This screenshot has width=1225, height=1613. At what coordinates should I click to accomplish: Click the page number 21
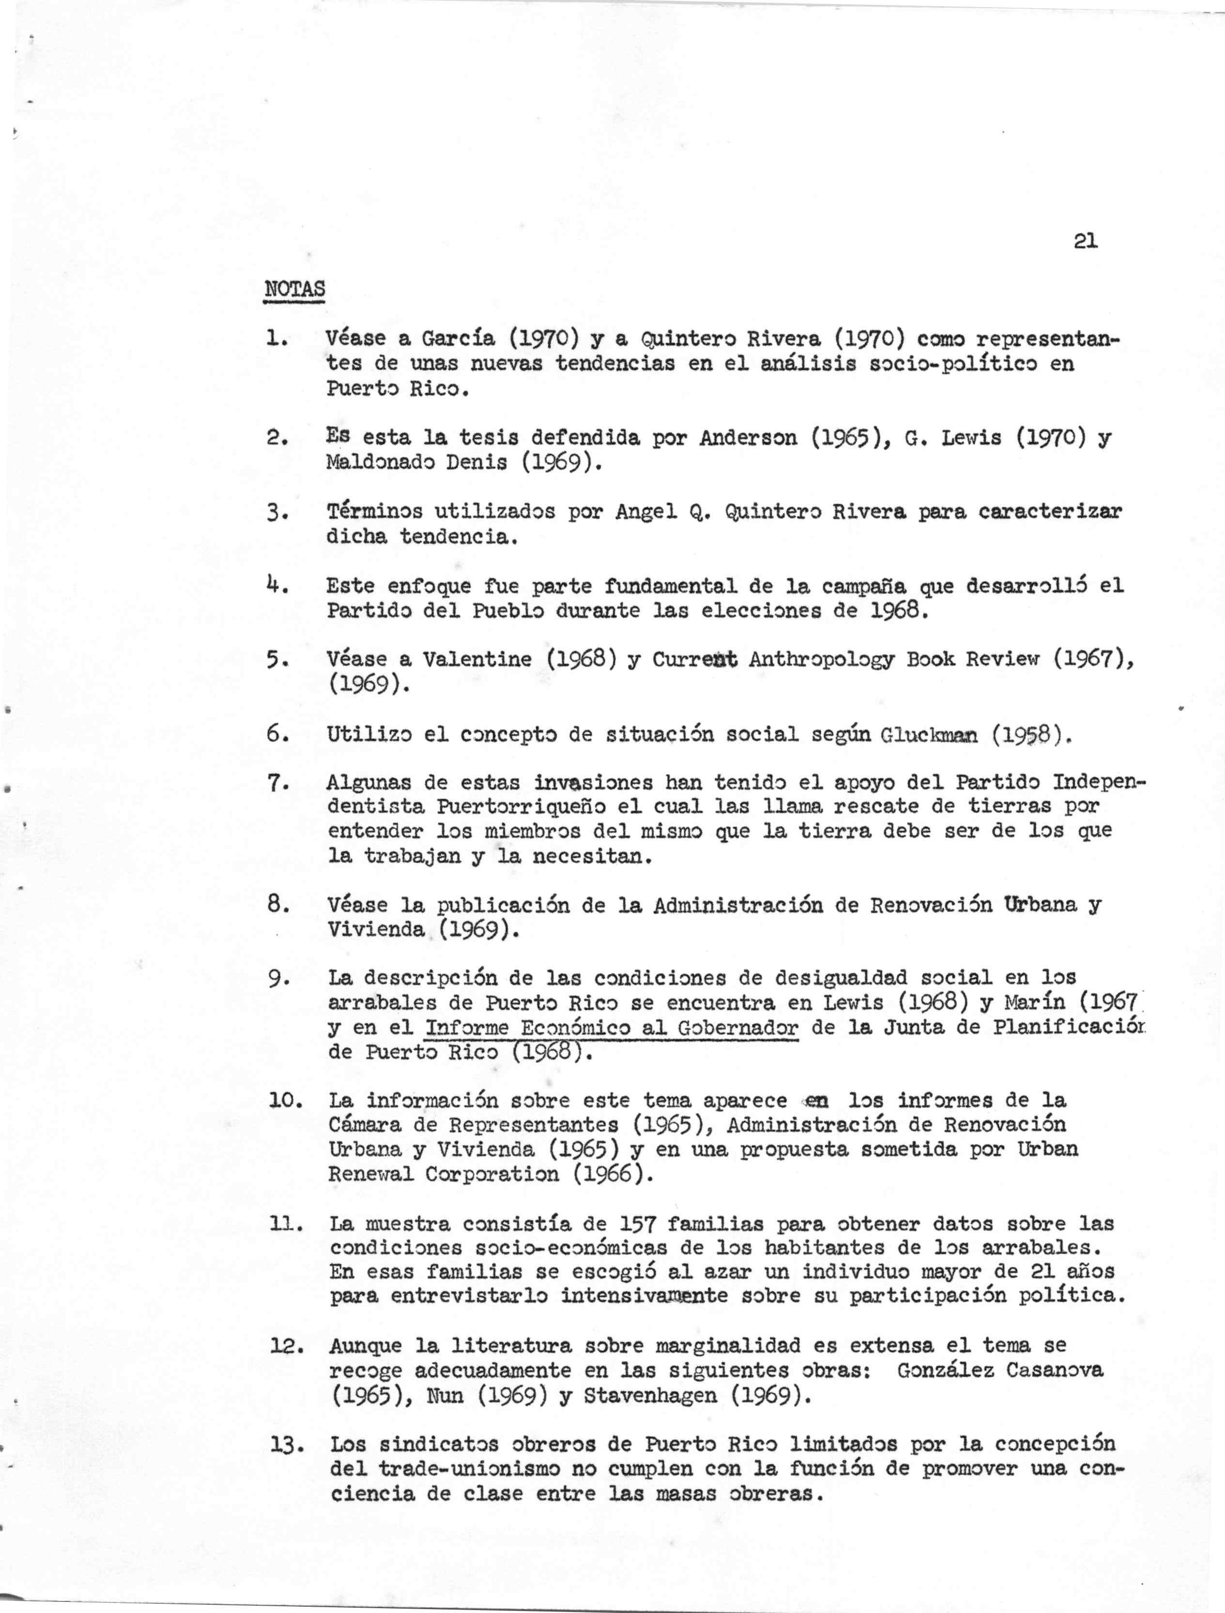coord(1085,241)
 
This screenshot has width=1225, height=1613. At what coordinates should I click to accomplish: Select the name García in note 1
coord(459,339)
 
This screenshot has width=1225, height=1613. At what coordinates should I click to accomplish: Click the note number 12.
coord(281,1347)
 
